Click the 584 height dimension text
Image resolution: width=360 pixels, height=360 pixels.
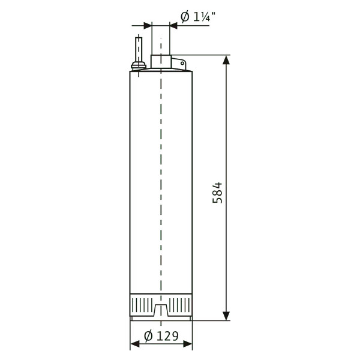point(217,193)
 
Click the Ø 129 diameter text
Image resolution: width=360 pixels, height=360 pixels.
point(161,336)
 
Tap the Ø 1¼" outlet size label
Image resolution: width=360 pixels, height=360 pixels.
point(198,17)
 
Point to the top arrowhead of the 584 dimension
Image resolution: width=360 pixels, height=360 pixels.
point(226,60)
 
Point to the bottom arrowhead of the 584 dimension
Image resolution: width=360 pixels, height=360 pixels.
point(226,316)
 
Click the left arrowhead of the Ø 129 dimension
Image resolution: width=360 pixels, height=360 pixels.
point(135,344)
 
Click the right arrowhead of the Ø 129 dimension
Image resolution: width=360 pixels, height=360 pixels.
point(188,344)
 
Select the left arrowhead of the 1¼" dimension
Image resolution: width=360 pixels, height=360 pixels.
point(148,25)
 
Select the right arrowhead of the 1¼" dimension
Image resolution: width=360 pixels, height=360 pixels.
point(174,25)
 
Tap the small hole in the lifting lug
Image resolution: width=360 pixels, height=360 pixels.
point(182,63)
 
